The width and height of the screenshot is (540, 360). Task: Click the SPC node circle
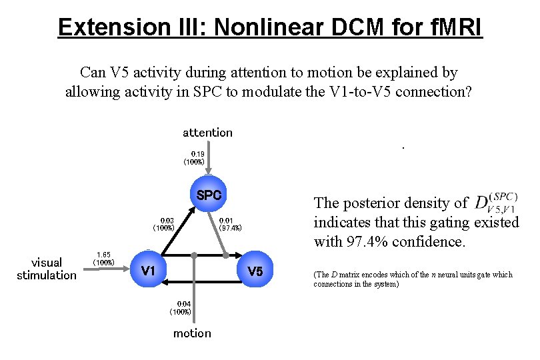click(x=208, y=195)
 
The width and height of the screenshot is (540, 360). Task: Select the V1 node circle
click(x=148, y=270)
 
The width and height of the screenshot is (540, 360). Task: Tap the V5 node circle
click(x=255, y=271)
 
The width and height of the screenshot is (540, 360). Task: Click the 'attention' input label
click(x=207, y=133)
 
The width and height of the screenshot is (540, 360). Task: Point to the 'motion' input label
click(x=192, y=333)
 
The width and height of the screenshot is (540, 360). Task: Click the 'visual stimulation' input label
click(x=47, y=269)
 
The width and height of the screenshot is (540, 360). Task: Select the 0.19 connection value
click(x=198, y=153)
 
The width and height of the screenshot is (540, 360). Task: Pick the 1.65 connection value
click(x=103, y=254)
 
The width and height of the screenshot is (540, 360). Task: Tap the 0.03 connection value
click(x=167, y=220)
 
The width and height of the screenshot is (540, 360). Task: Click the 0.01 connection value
click(x=226, y=220)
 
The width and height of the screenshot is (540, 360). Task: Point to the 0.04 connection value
click(x=184, y=304)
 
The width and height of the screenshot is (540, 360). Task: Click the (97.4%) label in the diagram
click(x=230, y=228)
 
